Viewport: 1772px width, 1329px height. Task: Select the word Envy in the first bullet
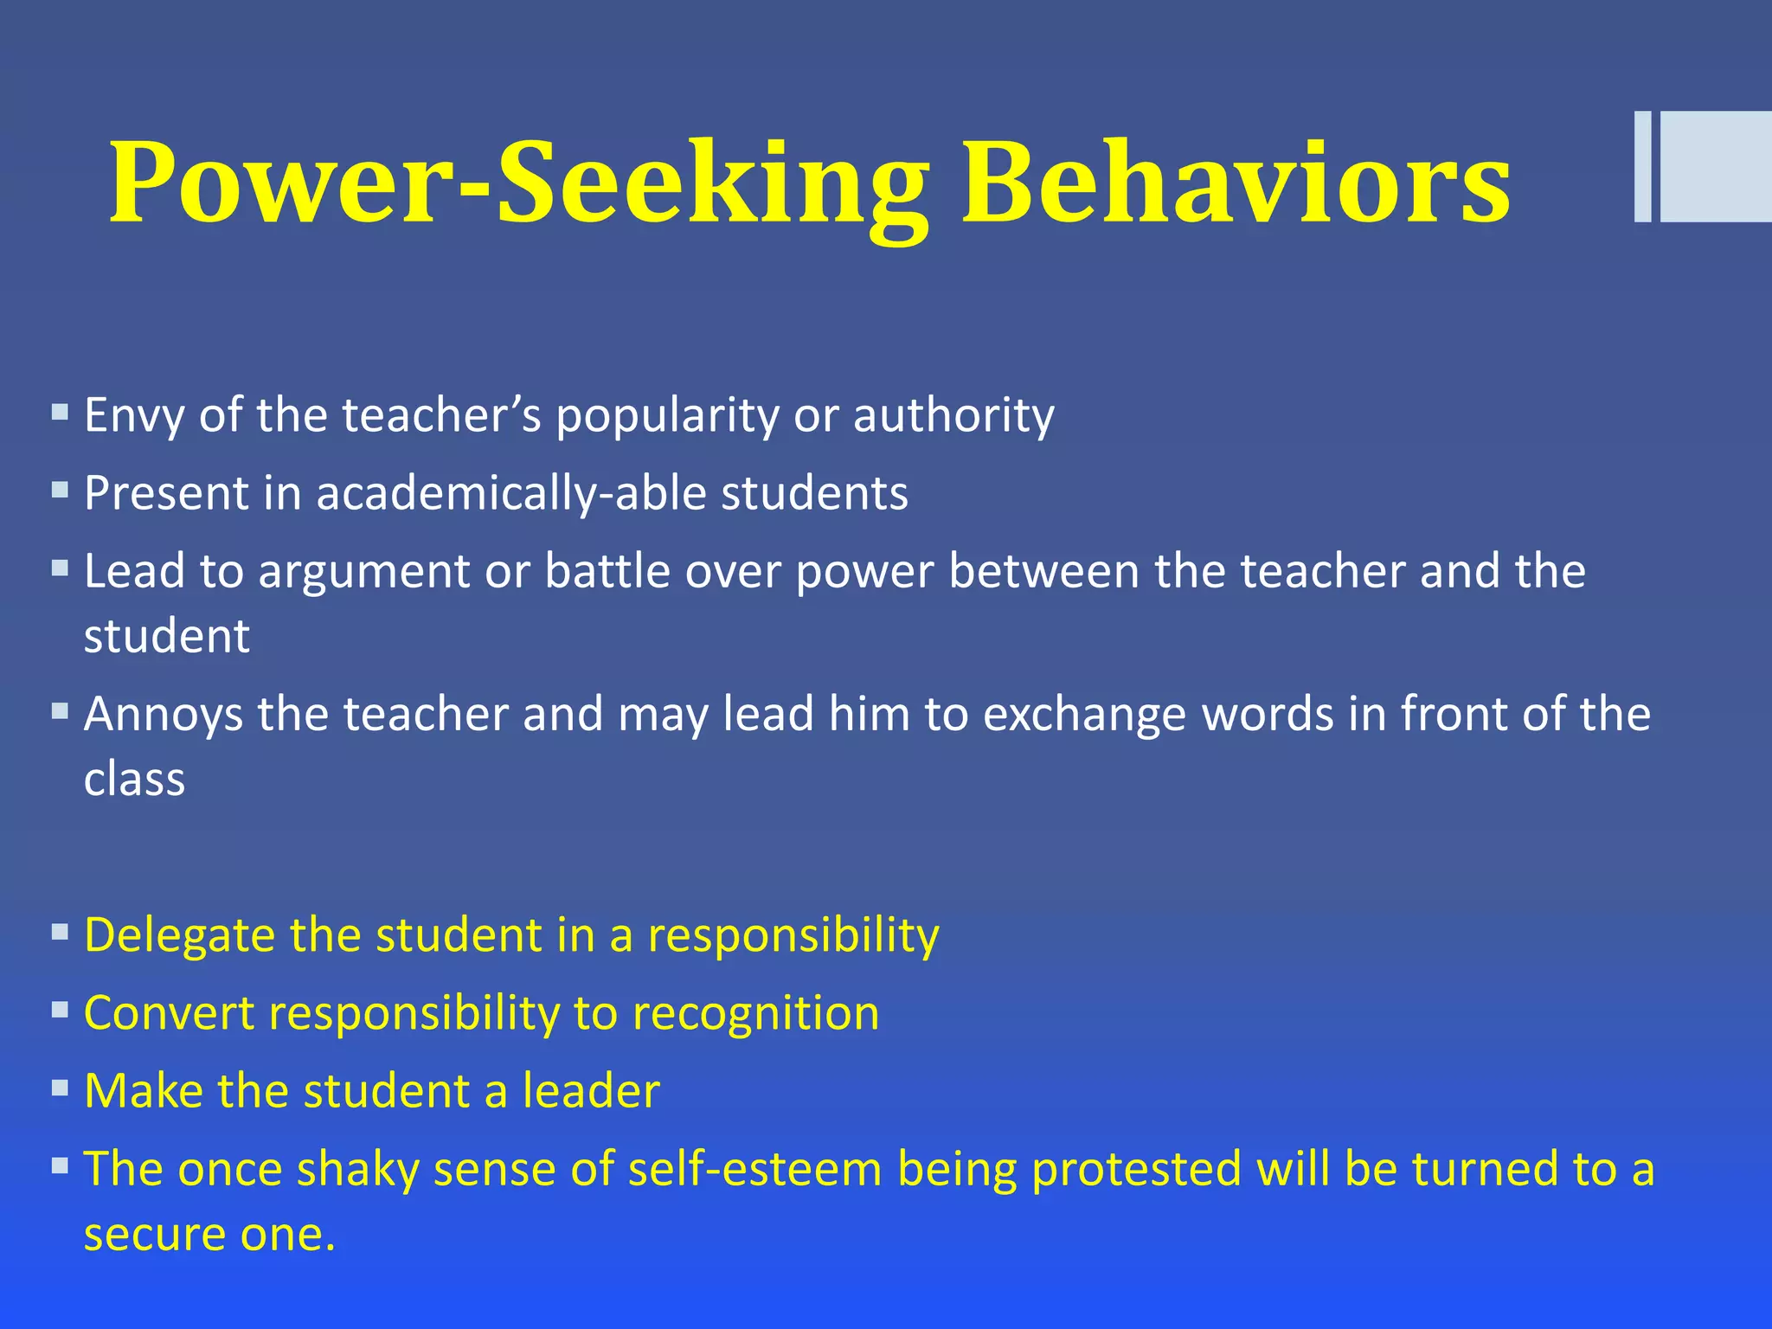(x=134, y=415)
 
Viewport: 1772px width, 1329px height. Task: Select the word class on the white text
(x=134, y=780)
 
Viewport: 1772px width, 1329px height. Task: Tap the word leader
(x=591, y=1090)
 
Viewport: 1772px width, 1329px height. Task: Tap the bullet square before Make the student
(x=60, y=1088)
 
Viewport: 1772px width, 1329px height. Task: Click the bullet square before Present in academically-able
(x=60, y=491)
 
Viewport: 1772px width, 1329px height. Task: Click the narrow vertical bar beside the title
(x=1642, y=167)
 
